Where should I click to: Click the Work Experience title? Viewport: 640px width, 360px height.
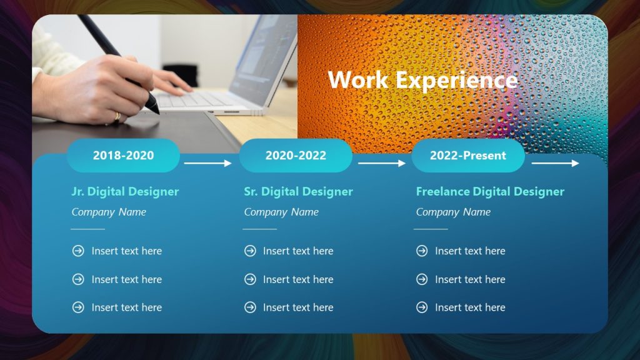(x=422, y=80)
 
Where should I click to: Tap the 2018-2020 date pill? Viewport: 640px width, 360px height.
(x=123, y=156)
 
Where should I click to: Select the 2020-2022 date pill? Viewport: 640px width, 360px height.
(x=296, y=156)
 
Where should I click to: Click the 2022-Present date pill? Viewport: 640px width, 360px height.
(x=467, y=156)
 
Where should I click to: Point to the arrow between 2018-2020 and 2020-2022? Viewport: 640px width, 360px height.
(x=208, y=163)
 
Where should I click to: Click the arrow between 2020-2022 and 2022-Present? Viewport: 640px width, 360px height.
(x=381, y=163)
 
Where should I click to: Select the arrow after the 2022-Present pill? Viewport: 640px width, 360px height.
(x=555, y=163)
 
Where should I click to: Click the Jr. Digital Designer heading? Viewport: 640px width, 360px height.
(x=125, y=192)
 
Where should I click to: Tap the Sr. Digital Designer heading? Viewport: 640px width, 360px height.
(x=298, y=192)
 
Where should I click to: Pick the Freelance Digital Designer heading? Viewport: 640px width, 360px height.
(x=490, y=192)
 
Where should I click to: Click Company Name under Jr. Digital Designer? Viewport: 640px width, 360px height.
(x=109, y=212)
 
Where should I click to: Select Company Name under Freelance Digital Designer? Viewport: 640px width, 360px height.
(x=453, y=212)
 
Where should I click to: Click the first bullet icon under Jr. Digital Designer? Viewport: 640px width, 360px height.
(x=78, y=251)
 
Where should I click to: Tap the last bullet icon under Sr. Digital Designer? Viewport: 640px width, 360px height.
(x=250, y=307)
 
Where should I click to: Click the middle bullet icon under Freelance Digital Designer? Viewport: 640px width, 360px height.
(x=422, y=279)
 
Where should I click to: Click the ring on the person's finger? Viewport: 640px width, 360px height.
(x=117, y=116)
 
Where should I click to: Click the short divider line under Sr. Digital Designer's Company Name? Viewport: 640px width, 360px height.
(x=259, y=229)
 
